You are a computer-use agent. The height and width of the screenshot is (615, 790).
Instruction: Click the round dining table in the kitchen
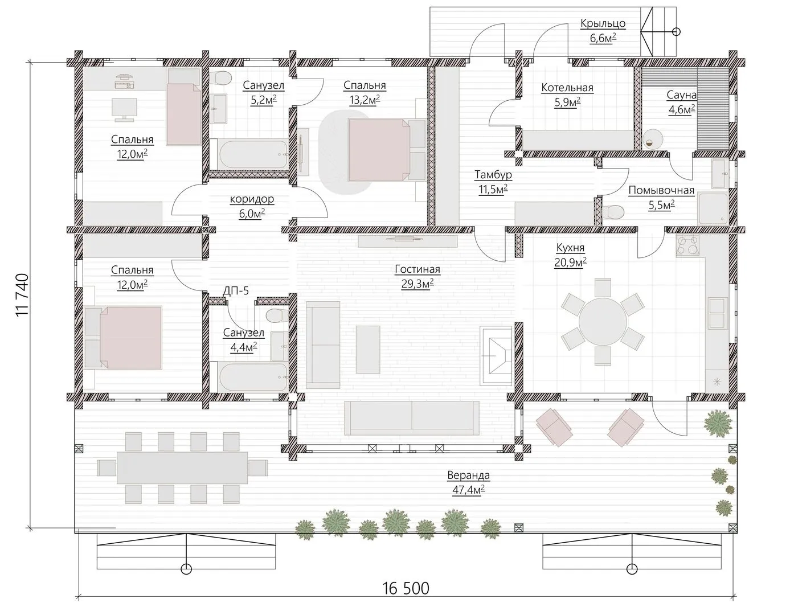coord(603,322)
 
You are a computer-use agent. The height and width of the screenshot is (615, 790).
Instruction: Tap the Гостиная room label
coord(417,269)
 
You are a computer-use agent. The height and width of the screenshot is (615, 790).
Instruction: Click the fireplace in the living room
coord(496,355)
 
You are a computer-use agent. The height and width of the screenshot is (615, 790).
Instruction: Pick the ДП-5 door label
coord(236,290)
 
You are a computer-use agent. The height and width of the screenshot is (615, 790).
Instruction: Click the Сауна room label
coord(682,95)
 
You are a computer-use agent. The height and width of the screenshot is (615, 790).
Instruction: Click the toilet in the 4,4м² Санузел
coord(276,315)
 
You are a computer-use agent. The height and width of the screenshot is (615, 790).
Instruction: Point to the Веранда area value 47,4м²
coord(468,490)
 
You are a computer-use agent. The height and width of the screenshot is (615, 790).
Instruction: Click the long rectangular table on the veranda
coord(182,468)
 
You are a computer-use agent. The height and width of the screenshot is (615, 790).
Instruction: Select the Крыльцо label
coord(603,23)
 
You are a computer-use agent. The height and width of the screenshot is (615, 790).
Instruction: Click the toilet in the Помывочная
coord(613,211)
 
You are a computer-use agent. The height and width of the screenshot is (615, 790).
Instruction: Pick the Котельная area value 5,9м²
coord(567,102)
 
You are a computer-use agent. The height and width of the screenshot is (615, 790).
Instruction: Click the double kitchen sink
coord(718,313)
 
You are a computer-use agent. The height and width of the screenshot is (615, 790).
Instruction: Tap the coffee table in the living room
coord(368,349)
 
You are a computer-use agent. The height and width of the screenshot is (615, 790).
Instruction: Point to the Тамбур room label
coord(493,174)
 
